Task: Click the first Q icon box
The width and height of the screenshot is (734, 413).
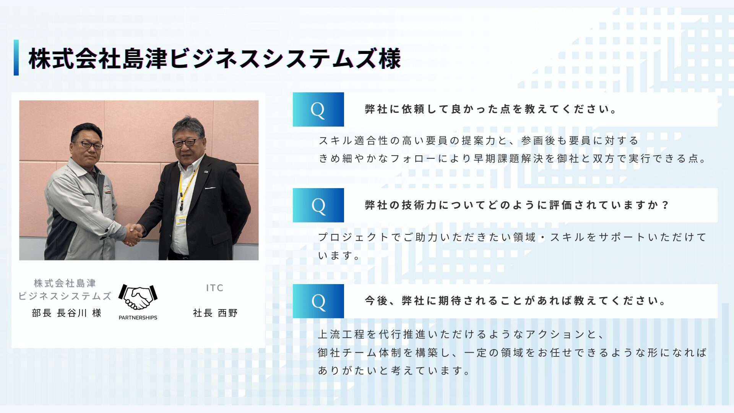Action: coord(318,109)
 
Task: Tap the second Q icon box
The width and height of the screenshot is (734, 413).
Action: coord(318,205)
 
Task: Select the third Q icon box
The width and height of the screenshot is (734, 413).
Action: coord(318,301)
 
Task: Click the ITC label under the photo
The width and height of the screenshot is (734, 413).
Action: coord(215,288)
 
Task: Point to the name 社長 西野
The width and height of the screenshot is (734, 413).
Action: coord(215,313)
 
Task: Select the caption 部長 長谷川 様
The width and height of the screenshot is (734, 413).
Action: coord(67,313)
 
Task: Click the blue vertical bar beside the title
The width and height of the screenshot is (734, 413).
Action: coord(16,58)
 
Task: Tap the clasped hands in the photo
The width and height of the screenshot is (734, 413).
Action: coord(133,234)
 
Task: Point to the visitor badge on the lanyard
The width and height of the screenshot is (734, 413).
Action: coord(181,221)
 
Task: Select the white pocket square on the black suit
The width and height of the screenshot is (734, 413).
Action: coord(210,188)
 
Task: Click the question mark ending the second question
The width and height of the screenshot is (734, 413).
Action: coord(666,205)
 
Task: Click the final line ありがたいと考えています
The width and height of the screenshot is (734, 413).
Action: coord(394,371)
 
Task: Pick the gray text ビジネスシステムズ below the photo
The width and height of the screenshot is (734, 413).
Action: coord(65,296)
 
